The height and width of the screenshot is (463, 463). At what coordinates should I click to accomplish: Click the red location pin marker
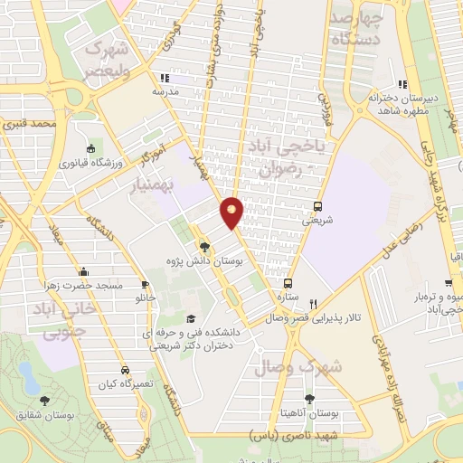tap(232, 212)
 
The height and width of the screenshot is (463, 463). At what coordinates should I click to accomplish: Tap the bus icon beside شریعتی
tap(317, 205)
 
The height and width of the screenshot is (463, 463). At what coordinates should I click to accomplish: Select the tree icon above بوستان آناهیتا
tap(310, 398)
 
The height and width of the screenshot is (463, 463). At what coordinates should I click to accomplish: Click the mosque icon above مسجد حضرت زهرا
tap(83, 270)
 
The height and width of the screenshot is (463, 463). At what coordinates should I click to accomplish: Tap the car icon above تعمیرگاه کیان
tap(124, 369)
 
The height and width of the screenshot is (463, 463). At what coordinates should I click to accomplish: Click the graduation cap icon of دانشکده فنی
tap(191, 318)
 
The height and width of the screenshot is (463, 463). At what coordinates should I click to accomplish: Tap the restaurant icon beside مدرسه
tap(164, 78)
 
